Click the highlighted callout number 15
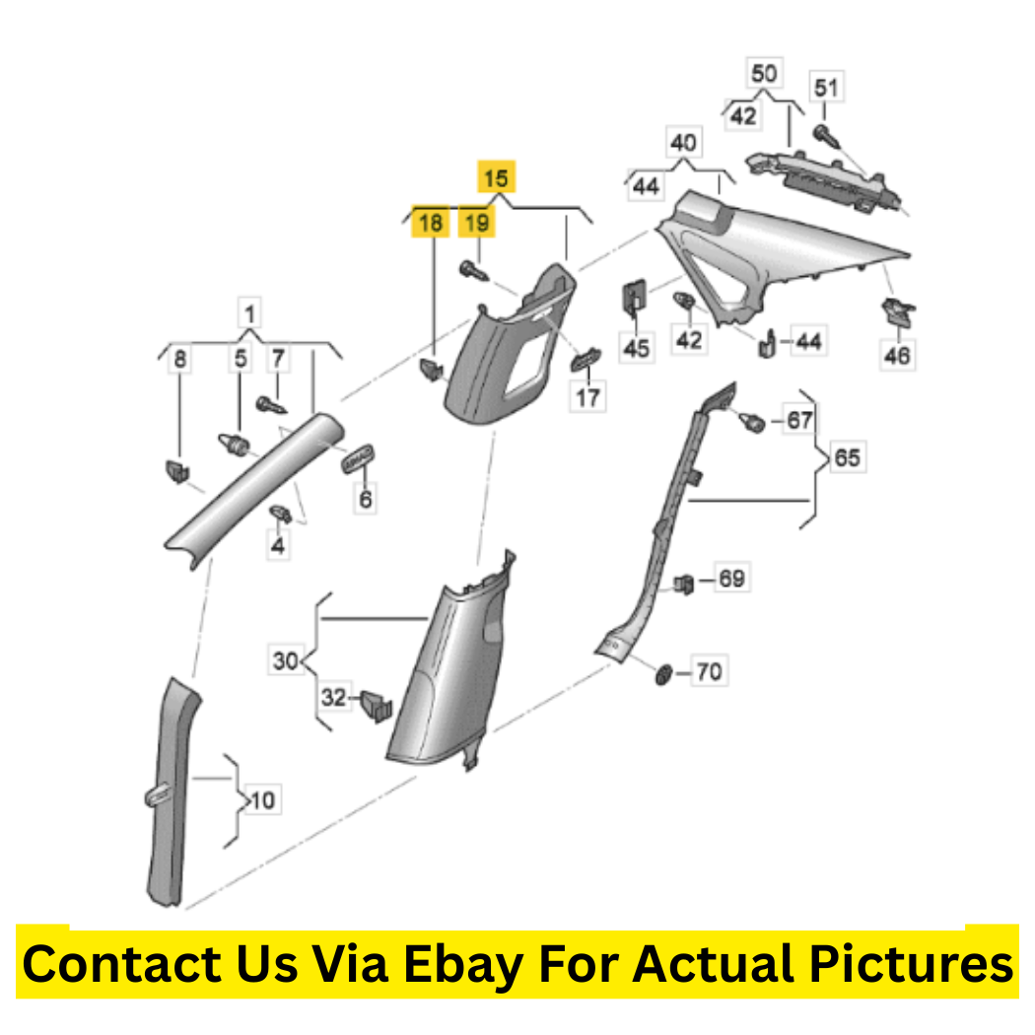[x=497, y=177]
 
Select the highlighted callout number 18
[x=431, y=222]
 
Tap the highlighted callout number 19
[x=476, y=222]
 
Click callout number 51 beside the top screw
[x=826, y=87]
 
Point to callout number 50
[x=764, y=73]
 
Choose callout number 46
[x=897, y=355]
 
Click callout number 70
[x=709, y=671]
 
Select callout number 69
[x=731, y=579]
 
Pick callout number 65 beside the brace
[x=847, y=457]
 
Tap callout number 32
[x=334, y=696]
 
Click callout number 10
[x=263, y=800]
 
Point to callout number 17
[x=587, y=397]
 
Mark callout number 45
[x=637, y=348]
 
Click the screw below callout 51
[x=827, y=136]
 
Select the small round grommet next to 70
[x=663, y=674]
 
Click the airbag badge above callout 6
[x=358, y=458]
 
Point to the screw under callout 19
[x=473, y=271]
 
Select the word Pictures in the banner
[x=911, y=964]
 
